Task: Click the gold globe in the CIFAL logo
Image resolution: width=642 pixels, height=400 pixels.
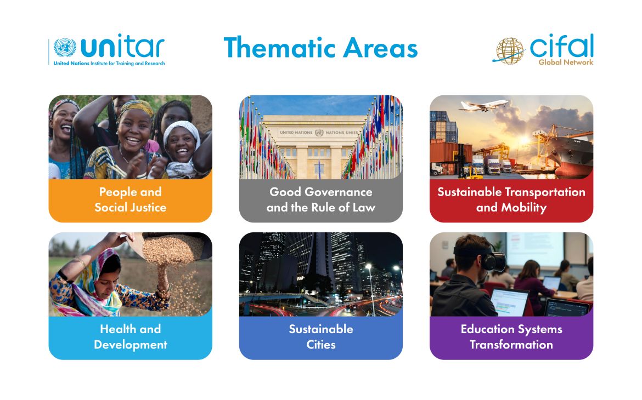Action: (x=510, y=50)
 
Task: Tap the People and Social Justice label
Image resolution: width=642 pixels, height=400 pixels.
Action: (x=130, y=200)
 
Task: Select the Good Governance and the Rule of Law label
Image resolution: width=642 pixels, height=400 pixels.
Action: (x=320, y=200)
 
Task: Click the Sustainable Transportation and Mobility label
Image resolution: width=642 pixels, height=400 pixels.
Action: (x=511, y=200)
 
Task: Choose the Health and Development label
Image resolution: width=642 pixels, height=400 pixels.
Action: (x=130, y=337)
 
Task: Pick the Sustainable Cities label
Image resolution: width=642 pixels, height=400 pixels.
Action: (x=320, y=337)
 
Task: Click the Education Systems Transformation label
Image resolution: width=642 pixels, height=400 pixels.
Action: (x=511, y=337)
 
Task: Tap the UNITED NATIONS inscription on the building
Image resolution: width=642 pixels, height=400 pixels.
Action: (x=294, y=133)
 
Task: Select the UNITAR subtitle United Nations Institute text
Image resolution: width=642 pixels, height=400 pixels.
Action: (x=109, y=64)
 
